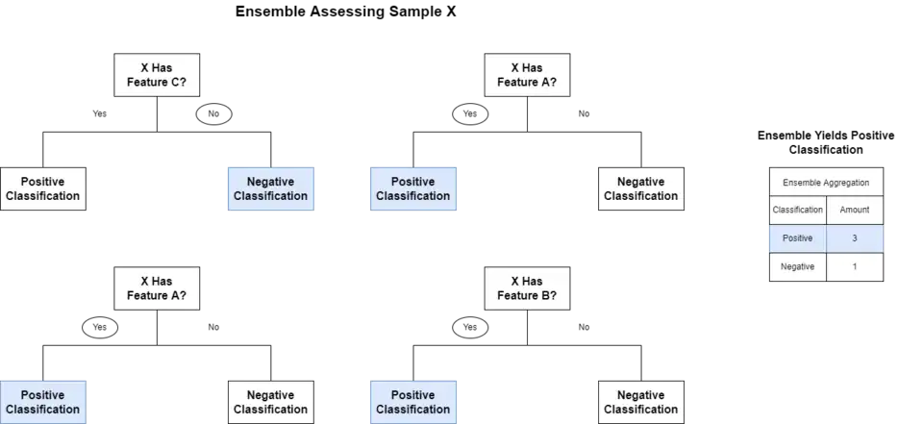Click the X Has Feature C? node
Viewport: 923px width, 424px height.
[x=157, y=75]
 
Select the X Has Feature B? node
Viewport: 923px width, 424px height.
[x=526, y=288]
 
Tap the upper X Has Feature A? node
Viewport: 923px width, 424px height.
[x=526, y=75]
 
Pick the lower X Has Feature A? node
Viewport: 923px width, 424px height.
[x=157, y=288]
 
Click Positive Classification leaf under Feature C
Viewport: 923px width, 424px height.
[x=43, y=188]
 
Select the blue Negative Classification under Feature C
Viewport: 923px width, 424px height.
[x=270, y=188]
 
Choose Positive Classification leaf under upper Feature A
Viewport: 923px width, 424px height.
[x=412, y=188]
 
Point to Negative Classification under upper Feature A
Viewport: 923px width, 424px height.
[x=640, y=188]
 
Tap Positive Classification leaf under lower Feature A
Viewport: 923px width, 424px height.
[x=43, y=402]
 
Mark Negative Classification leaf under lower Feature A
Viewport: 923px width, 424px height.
[x=270, y=402]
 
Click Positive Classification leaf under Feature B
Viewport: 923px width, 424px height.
[x=412, y=402]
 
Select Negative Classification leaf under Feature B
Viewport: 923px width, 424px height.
[x=640, y=402]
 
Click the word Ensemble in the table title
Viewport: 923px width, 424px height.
[x=803, y=182]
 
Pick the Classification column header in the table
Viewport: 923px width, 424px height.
[x=798, y=210]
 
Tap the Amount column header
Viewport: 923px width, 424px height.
[x=854, y=210]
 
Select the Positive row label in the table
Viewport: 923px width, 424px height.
[x=798, y=238]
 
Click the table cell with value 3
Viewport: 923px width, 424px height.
[x=854, y=238]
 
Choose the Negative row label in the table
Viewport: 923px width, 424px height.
[x=798, y=267]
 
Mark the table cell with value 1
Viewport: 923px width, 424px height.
[x=854, y=267]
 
